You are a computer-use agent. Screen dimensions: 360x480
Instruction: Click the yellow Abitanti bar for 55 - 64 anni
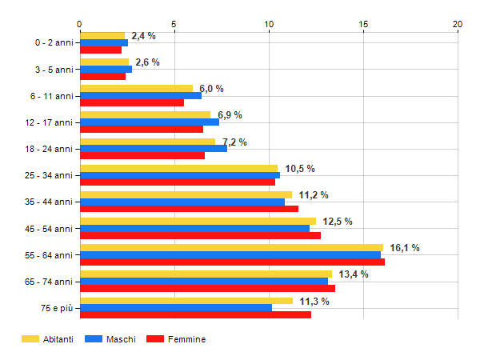tap(232, 248)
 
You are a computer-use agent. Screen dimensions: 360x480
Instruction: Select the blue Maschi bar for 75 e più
tap(176, 308)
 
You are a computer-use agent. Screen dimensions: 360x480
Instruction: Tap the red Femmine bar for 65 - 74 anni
tap(208, 289)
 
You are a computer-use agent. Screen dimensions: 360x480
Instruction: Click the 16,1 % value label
tap(405, 248)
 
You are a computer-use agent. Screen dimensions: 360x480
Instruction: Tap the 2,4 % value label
tap(143, 36)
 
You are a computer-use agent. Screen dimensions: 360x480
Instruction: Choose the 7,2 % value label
tap(234, 142)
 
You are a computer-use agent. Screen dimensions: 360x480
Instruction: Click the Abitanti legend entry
tap(48, 339)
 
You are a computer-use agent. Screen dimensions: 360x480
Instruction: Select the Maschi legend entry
tap(111, 339)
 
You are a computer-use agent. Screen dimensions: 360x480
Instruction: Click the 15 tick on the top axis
tap(363, 24)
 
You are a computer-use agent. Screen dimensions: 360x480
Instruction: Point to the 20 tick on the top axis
tap(458, 24)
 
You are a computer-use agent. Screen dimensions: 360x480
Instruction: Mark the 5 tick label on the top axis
tap(174, 24)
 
